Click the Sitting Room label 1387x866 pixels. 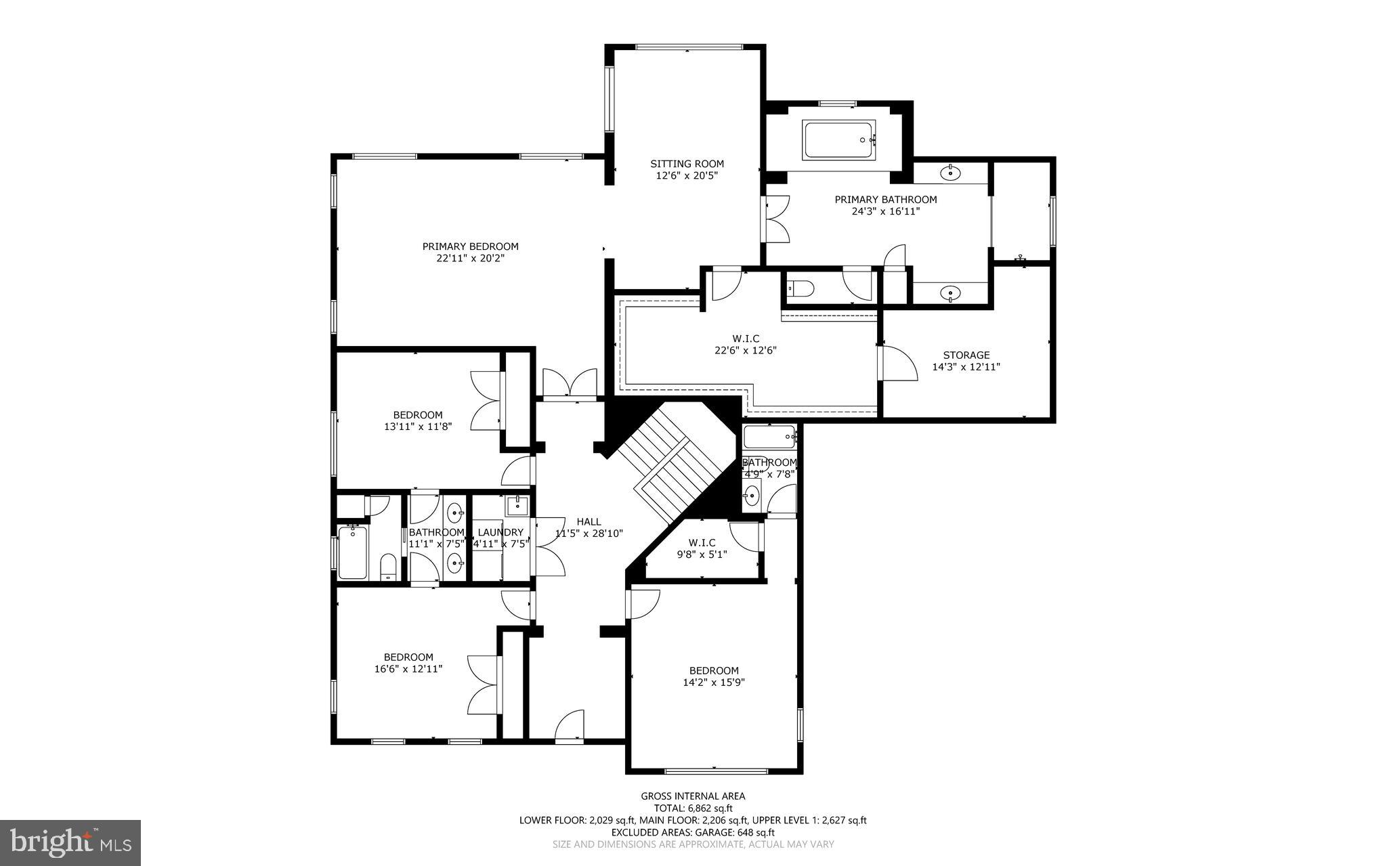click(687, 164)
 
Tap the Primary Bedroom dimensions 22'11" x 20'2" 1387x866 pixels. click(470, 258)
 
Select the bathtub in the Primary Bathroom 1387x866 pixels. click(839, 140)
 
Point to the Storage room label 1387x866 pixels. click(966, 355)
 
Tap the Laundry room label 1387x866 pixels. click(500, 532)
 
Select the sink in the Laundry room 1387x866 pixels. click(517, 504)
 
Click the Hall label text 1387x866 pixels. click(589, 521)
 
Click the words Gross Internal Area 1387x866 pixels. click(693, 796)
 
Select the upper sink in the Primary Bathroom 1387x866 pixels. click(950, 173)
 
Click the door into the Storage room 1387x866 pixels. click(897, 364)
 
